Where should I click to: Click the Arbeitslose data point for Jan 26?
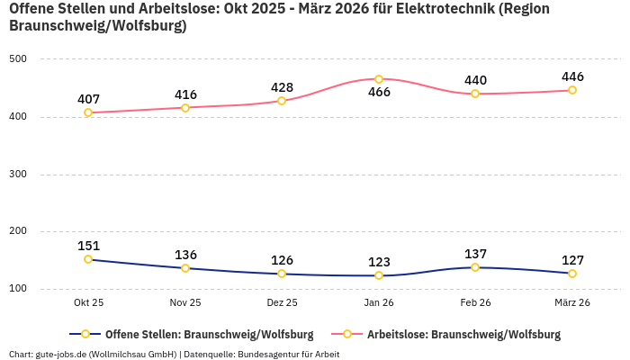(x=379, y=79)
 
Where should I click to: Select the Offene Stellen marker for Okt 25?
(x=88, y=259)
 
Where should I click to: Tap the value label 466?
(x=379, y=93)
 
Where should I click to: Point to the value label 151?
(x=88, y=246)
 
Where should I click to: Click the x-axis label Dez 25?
(x=282, y=303)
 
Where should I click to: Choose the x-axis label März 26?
(x=571, y=303)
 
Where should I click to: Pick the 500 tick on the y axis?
(x=18, y=59)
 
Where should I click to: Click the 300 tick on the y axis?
(x=18, y=175)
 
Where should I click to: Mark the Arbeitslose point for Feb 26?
(x=475, y=94)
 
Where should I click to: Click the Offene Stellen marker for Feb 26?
(x=475, y=267)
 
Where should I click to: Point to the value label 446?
(x=572, y=76)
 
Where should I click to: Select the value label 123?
(x=379, y=262)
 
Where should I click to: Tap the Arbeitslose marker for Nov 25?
(x=185, y=108)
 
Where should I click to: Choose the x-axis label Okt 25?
(x=88, y=303)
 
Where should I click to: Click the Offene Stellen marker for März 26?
(x=572, y=274)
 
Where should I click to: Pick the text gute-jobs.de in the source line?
(x=61, y=354)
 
